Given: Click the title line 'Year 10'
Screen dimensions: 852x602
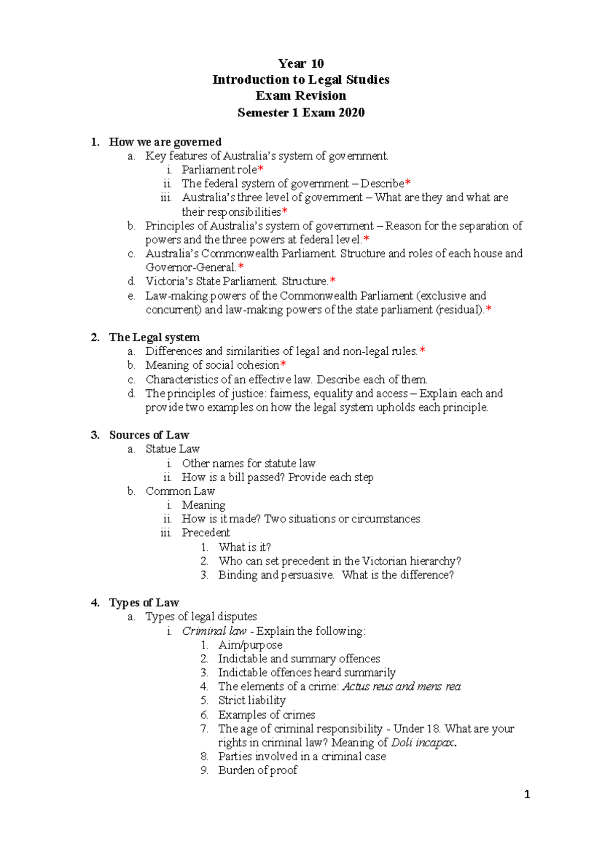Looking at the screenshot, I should (301, 64).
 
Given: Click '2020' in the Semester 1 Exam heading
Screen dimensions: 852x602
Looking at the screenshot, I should (351, 112).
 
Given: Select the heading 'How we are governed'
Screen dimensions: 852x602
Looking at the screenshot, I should (165, 142).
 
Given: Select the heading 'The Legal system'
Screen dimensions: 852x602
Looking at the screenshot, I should (154, 337).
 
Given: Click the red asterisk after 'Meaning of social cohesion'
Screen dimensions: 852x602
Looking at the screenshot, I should (283, 365).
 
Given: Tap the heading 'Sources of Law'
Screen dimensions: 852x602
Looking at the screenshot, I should (149, 435).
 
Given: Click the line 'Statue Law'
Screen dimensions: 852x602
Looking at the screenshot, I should (173, 449).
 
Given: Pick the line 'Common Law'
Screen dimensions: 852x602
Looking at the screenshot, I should (180, 491).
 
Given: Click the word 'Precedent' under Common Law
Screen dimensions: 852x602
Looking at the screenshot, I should (206, 533).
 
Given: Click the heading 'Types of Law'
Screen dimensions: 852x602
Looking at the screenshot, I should (144, 603).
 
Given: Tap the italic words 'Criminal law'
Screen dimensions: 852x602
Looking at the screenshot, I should (214, 631).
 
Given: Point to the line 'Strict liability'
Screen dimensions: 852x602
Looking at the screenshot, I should (252, 700).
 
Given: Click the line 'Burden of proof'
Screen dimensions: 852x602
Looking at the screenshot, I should (257, 770).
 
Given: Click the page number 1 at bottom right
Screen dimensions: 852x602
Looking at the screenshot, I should (527, 794).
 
